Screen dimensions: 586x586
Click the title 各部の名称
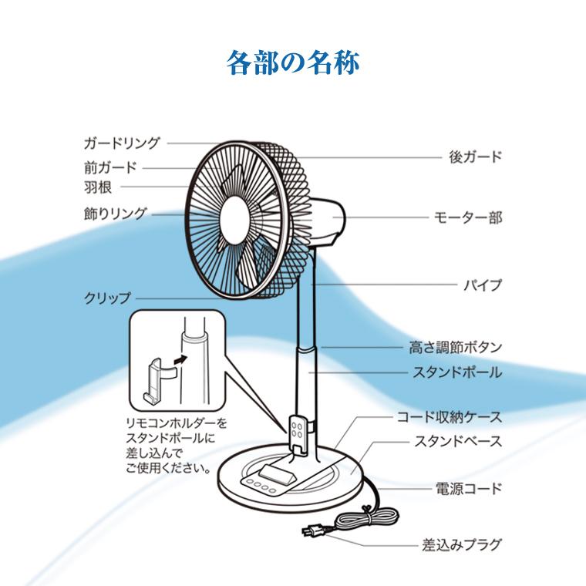(x=293, y=62)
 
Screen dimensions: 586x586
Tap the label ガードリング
(x=121, y=143)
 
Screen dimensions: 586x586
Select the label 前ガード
(x=110, y=167)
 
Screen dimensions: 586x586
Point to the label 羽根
(x=99, y=187)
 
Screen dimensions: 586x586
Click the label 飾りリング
(x=115, y=213)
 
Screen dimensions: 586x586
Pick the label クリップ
(x=107, y=298)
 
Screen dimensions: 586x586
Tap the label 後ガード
(x=475, y=157)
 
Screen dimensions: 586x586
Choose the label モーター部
(x=468, y=218)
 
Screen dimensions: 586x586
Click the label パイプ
(x=482, y=285)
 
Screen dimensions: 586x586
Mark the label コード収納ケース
(x=449, y=418)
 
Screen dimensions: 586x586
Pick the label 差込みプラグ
(x=462, y=545)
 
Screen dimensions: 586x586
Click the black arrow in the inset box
(x=180, y=358)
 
